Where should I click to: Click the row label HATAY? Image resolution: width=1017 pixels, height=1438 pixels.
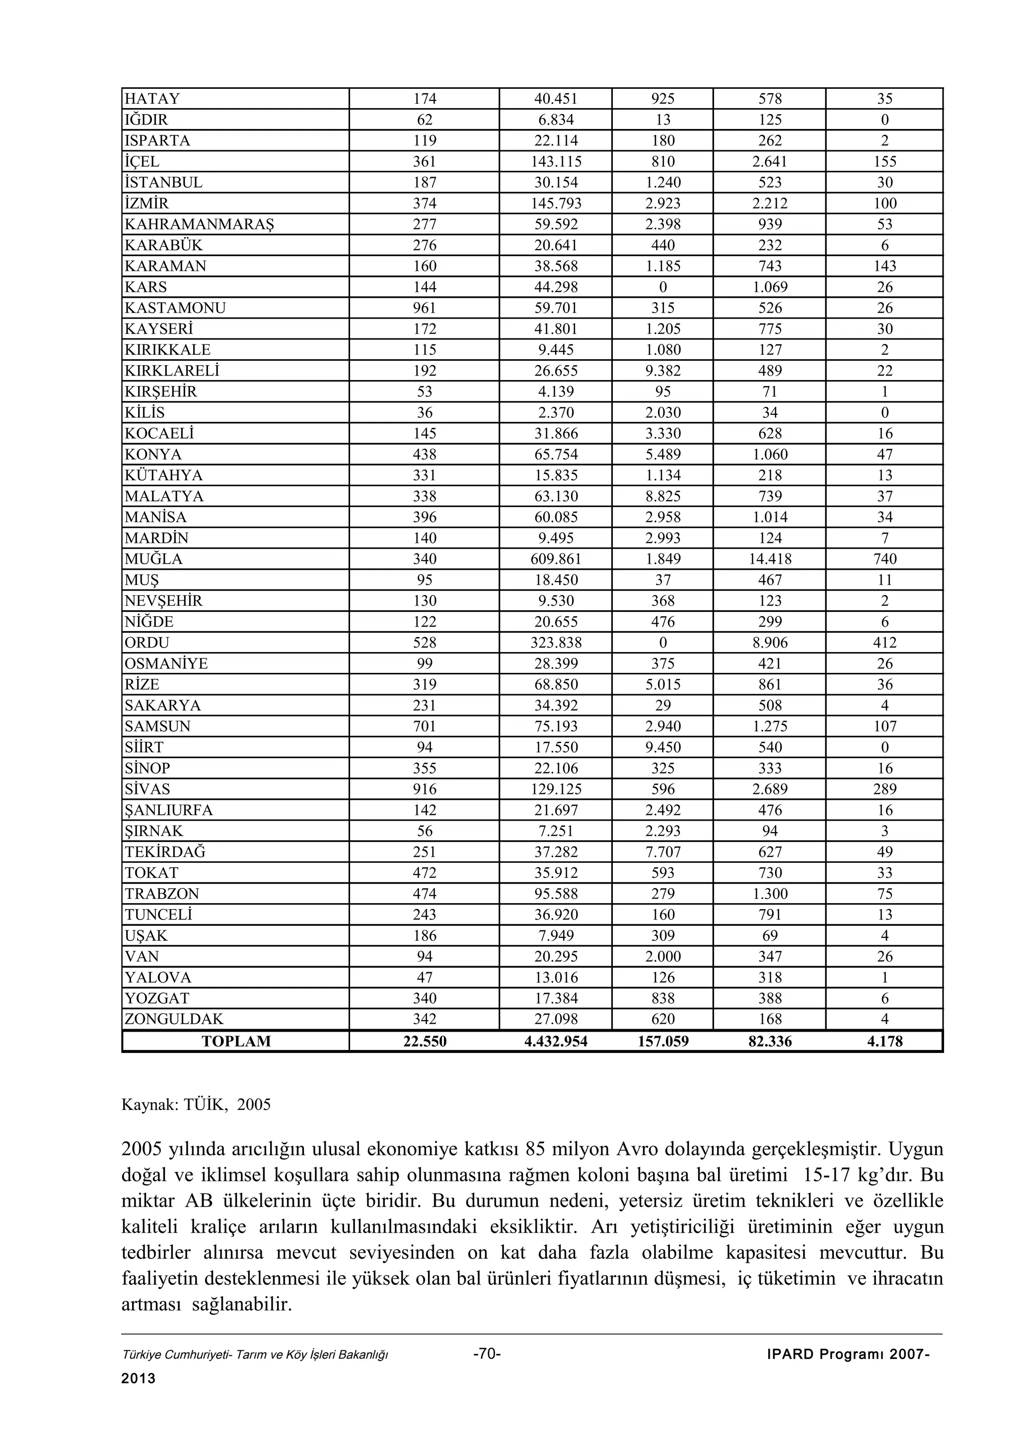(152, 99)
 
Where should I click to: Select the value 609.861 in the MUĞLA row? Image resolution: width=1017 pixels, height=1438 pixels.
(556, 559)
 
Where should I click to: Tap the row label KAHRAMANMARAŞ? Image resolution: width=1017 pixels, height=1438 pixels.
(199, 224)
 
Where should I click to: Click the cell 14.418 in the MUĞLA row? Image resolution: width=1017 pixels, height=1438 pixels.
(770, 559)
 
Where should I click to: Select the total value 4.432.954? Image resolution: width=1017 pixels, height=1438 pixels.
(556, 1041)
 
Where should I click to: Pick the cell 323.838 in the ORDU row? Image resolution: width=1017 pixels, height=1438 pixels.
(556, 643)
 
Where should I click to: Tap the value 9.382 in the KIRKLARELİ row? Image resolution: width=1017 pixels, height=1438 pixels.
(662, 371)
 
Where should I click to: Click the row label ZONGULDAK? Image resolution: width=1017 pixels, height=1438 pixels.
(174, 1019)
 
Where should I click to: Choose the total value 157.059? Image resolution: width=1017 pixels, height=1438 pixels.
(662, 1041)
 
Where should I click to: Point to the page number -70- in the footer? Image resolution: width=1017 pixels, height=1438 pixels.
(487, 1354)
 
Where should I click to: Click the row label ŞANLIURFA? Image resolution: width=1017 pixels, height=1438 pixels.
(168, 810)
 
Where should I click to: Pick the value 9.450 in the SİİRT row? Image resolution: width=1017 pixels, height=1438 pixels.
(662, 747)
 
